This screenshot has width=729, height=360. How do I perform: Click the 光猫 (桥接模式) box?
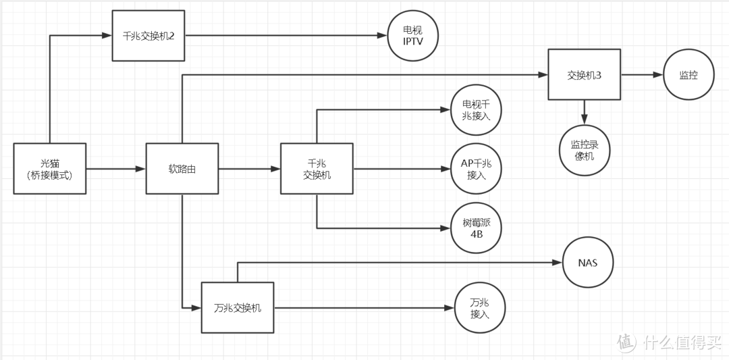click(50, 169)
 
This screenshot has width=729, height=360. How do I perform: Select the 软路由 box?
click(182, 169)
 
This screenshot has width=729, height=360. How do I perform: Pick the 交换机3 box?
click(585, 75)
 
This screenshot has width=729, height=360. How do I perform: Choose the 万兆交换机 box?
click(238, 308)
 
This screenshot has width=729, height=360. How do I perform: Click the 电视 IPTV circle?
click(413, 36)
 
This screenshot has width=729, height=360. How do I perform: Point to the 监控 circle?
click(689, 76)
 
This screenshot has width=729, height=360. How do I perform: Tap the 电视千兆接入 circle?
click(477, 111)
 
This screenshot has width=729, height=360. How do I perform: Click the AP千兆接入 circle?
click(477, 170)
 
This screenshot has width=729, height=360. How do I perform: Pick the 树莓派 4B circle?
click(477, 228)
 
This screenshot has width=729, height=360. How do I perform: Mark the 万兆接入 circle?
click(480, 308)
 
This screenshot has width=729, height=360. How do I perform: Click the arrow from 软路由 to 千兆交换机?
click(250, 169)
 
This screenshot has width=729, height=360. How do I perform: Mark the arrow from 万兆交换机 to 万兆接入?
click(364, 308)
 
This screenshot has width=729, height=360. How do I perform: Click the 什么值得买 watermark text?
click(682, 342)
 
